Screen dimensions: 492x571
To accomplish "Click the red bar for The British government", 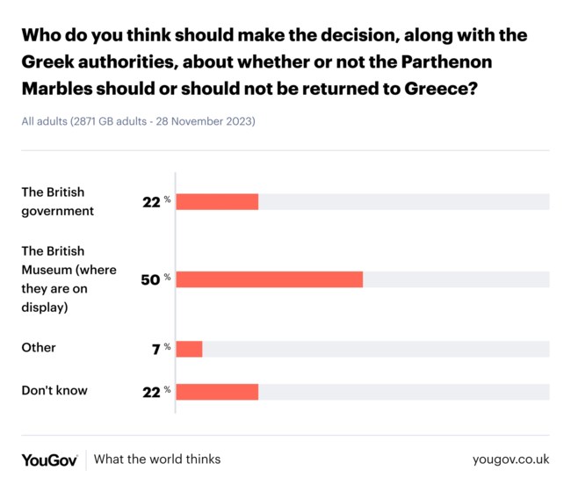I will (x=217, y=202).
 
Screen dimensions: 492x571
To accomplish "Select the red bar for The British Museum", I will (x=269, y=279).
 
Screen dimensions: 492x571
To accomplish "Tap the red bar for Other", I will (x=189, y=349).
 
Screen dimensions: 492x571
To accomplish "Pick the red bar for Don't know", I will (x=217, y=391).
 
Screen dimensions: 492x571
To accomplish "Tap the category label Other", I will (x=39, y=348).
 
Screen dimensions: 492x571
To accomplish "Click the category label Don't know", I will (x=54, y=390).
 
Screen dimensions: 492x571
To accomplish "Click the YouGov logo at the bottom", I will (x=49, y=459).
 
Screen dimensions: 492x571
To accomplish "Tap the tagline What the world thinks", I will (x=157, y=459).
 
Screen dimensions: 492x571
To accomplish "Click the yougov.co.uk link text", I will (x=510, y=459).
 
